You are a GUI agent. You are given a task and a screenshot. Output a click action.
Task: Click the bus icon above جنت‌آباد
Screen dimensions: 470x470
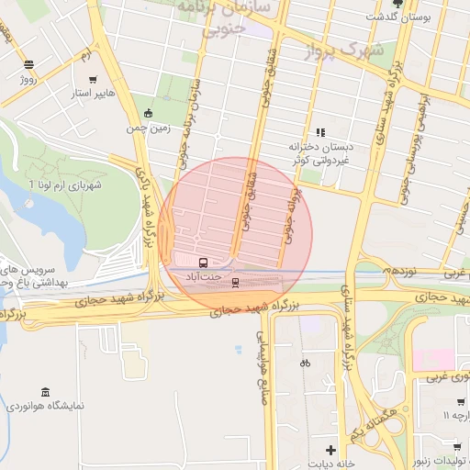tap(202, 262)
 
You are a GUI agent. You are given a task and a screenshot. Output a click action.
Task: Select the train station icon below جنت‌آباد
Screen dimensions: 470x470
tap(235, 283)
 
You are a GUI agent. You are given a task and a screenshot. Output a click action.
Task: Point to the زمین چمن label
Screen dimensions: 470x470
tap(149, 128)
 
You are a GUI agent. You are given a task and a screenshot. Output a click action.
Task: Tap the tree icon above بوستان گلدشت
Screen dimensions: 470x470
tap(397, 4)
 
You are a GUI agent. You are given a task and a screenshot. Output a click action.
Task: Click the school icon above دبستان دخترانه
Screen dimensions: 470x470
tap(320, 132)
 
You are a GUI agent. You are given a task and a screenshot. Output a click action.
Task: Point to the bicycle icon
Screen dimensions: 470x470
tap(305, 363)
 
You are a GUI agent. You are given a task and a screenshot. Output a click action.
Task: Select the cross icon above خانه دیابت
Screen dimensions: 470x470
tap(330, 449)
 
